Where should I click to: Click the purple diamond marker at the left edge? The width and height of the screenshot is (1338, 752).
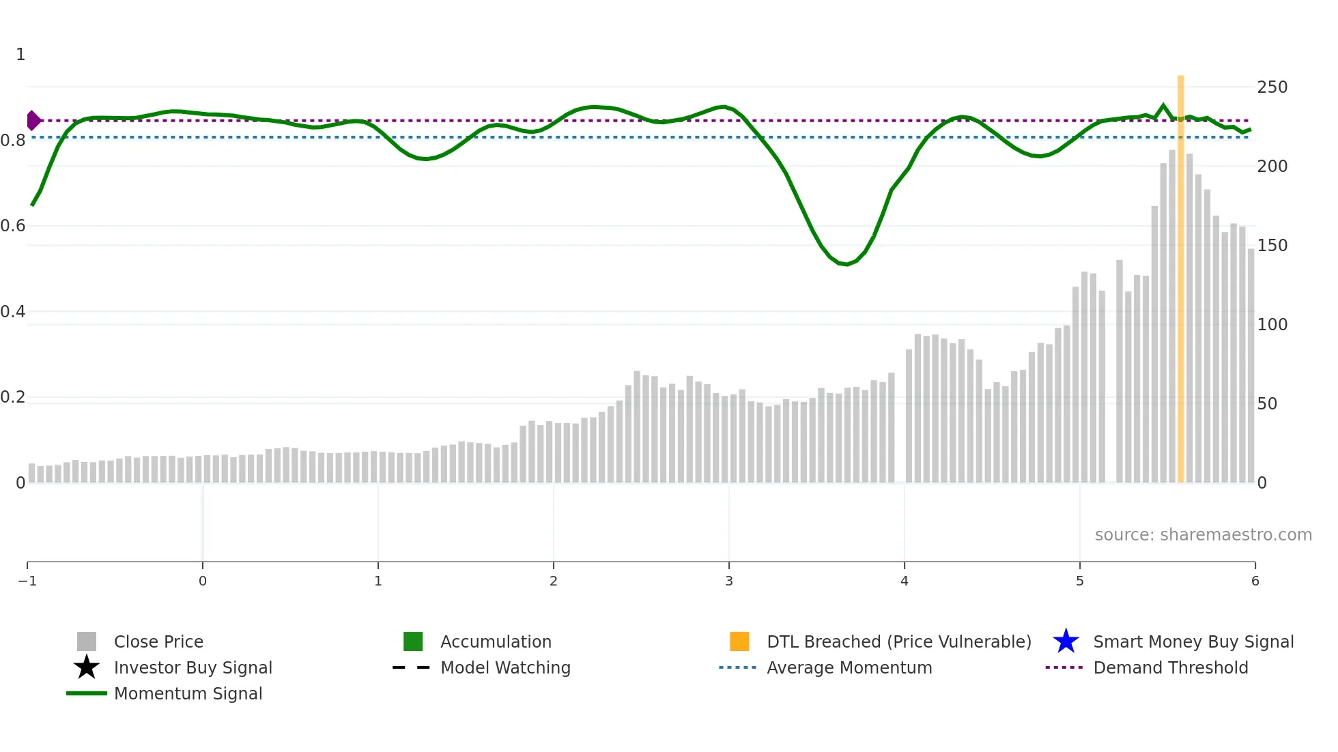[33, 121]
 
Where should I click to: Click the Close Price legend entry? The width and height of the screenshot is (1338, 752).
[158, 642]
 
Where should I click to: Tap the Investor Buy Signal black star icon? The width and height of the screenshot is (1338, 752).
[87, 667]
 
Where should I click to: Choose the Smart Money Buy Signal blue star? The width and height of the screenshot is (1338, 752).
[1066, 641]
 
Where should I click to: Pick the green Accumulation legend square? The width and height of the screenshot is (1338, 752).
[413, 641]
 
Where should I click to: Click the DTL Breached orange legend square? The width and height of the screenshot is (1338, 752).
[739, 641]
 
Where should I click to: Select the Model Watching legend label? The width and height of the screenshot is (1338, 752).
[505, 668]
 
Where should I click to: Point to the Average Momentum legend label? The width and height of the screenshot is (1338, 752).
[849, 668]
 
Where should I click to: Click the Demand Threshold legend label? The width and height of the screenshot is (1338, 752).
[1171, 668]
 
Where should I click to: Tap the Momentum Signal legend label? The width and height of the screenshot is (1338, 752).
[188, 694]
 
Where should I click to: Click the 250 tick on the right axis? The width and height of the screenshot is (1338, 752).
[1272, 87]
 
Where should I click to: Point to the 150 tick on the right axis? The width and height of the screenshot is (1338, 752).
[1272, 246]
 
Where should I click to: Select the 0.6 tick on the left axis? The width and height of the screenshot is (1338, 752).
[13, 226]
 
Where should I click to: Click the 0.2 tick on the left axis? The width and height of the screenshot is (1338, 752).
[13, 397]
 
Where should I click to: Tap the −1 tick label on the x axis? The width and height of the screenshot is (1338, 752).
[27, 581]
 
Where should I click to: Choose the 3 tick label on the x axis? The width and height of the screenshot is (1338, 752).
[729, 581]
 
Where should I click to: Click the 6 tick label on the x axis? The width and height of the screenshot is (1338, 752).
[1255, 581]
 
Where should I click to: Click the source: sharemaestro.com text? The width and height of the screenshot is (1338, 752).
[1203, 535]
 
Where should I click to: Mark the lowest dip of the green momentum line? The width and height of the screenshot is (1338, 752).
[847, 264]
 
